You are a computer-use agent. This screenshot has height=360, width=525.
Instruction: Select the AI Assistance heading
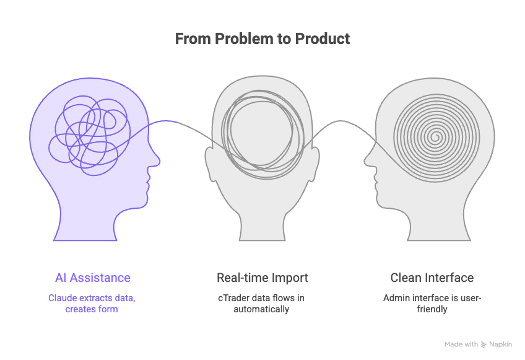(x=92, y=278)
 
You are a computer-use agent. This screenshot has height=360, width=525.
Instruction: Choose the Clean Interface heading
(x=432, y=278)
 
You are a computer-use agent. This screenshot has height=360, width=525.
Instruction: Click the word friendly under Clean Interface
(x=432, y=309)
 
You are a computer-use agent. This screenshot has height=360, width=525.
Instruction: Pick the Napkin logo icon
(x=484, y=345)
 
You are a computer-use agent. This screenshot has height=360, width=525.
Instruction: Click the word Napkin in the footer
(x=501, y=345)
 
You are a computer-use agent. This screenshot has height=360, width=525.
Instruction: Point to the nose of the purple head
(x=157, y=162)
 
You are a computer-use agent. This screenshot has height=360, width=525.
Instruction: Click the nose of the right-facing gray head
(x=367, y=162)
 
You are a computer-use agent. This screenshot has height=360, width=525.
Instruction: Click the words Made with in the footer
(x=461, y=345)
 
